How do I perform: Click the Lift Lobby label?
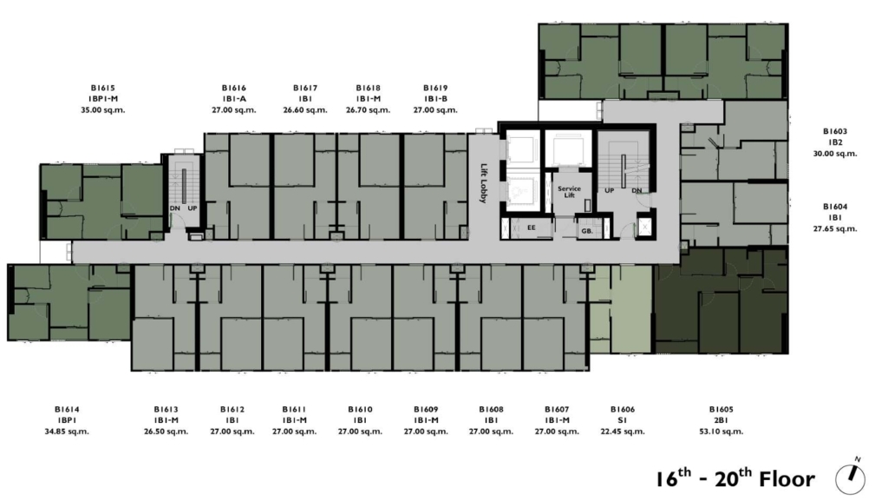pos(484,183)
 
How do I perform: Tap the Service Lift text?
pos(569,192)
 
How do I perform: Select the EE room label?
pos(532,227)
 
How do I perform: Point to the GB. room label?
pos(587,231)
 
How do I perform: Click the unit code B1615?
pos(103,88)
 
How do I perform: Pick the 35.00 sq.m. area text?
pos(103,110)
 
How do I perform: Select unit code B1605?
pos(721,409)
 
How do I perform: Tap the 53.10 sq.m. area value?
pos(721,432)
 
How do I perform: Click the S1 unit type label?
pos(623,420)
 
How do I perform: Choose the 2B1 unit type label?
pos(721,420)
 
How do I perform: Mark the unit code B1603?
pos(835,131)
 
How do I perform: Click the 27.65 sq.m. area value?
pos(835,229)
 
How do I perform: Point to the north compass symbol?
pos(851,478)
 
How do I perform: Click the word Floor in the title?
pos(787,479)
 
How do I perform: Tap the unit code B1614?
pos(67,409)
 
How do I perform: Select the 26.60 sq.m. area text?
pos(305,110)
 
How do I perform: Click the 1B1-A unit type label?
pos(234,99)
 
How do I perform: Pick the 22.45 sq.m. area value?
pos(623,432)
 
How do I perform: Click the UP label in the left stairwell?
pos(193,208)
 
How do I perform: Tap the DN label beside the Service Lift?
pos(637,191)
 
